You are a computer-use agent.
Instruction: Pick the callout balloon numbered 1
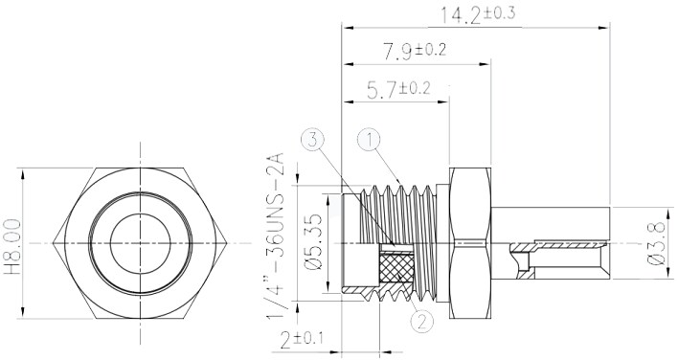(371, 140)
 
